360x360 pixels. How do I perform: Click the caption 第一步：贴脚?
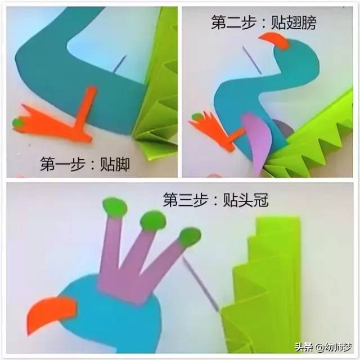point(85,164)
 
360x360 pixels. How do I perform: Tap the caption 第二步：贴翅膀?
point(264,22)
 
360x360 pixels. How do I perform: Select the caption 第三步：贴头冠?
point(215,200)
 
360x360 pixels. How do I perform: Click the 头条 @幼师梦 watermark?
point(323,347)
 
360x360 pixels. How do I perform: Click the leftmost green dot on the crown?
point(114,208)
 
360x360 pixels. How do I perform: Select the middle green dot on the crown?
point(153,220)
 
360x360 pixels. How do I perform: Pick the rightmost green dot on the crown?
point(190,237)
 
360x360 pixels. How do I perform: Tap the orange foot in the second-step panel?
point(216,130)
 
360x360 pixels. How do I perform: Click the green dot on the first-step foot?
point(18,123)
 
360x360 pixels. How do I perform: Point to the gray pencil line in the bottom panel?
point(200,284)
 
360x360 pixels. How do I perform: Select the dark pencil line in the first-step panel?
point(120,64)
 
